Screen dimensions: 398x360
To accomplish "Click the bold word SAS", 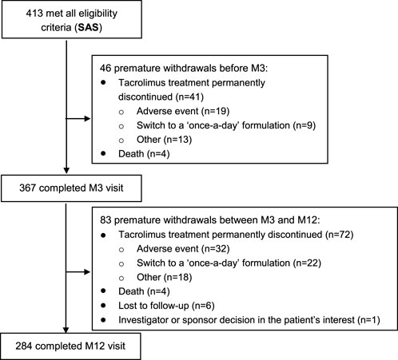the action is [x=89, y=27].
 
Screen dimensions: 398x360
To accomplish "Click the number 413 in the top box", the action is [x=34, y=14].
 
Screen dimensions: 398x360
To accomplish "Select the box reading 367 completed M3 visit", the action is [x=71, y=188].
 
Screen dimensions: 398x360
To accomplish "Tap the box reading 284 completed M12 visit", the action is [x=70, y=346].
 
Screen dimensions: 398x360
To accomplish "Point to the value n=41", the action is [x=189, y=97].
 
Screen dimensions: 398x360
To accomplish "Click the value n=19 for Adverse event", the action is [x=216, y=111].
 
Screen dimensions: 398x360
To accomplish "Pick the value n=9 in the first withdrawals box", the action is [x=304, y=125].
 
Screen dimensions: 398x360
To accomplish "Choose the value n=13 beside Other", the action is [x=177, y=140].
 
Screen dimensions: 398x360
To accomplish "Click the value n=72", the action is [x=339, y=235].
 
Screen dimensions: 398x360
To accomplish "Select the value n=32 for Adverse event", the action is [x=216, y=249].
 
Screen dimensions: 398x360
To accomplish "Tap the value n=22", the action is [x=307, y=263].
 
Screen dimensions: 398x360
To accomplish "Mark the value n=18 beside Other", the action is [x=178, y=277].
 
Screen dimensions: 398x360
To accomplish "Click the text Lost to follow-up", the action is [x=153, y=306].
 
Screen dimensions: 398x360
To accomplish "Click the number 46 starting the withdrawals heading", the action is [x=105, y=69].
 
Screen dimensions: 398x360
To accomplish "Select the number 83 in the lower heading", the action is [x=105, y=220].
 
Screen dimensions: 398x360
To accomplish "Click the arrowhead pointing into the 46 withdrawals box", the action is [x=88, y=118].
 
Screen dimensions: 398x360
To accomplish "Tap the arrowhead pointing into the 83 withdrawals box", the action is [x=88, y=272].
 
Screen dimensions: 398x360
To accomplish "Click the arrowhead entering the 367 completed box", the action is [x=66, y=171].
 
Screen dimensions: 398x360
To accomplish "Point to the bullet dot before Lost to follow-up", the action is [x=103, y=306].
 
